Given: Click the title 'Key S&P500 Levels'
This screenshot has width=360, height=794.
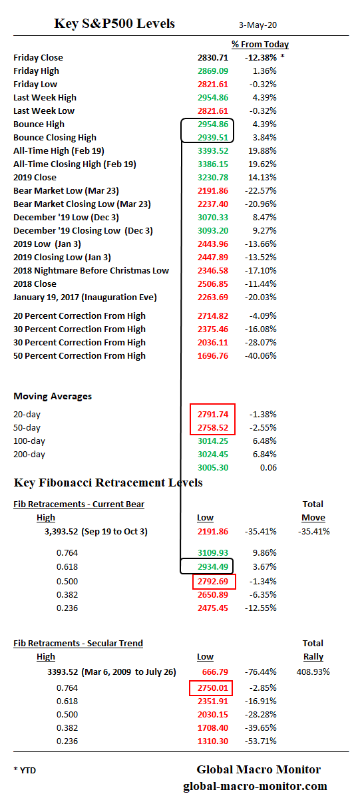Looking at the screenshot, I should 114,24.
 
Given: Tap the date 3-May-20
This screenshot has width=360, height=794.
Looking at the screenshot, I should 258,25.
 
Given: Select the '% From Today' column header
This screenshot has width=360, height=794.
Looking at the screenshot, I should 260,45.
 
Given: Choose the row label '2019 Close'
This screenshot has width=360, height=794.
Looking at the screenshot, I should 35,178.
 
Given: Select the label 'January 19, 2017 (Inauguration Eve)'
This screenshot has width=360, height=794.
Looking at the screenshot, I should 85,298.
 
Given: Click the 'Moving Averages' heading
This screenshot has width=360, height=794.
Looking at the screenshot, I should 53,397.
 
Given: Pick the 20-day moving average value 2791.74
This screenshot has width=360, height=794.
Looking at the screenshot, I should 213,415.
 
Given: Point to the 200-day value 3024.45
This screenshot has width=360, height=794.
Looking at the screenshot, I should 213,455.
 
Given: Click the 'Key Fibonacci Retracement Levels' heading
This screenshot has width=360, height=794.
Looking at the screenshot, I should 108,483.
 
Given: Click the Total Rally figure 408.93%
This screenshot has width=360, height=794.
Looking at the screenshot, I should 313,672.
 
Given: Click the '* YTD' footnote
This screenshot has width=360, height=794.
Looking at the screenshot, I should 25,771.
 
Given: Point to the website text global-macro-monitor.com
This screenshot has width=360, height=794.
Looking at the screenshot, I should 255,786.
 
